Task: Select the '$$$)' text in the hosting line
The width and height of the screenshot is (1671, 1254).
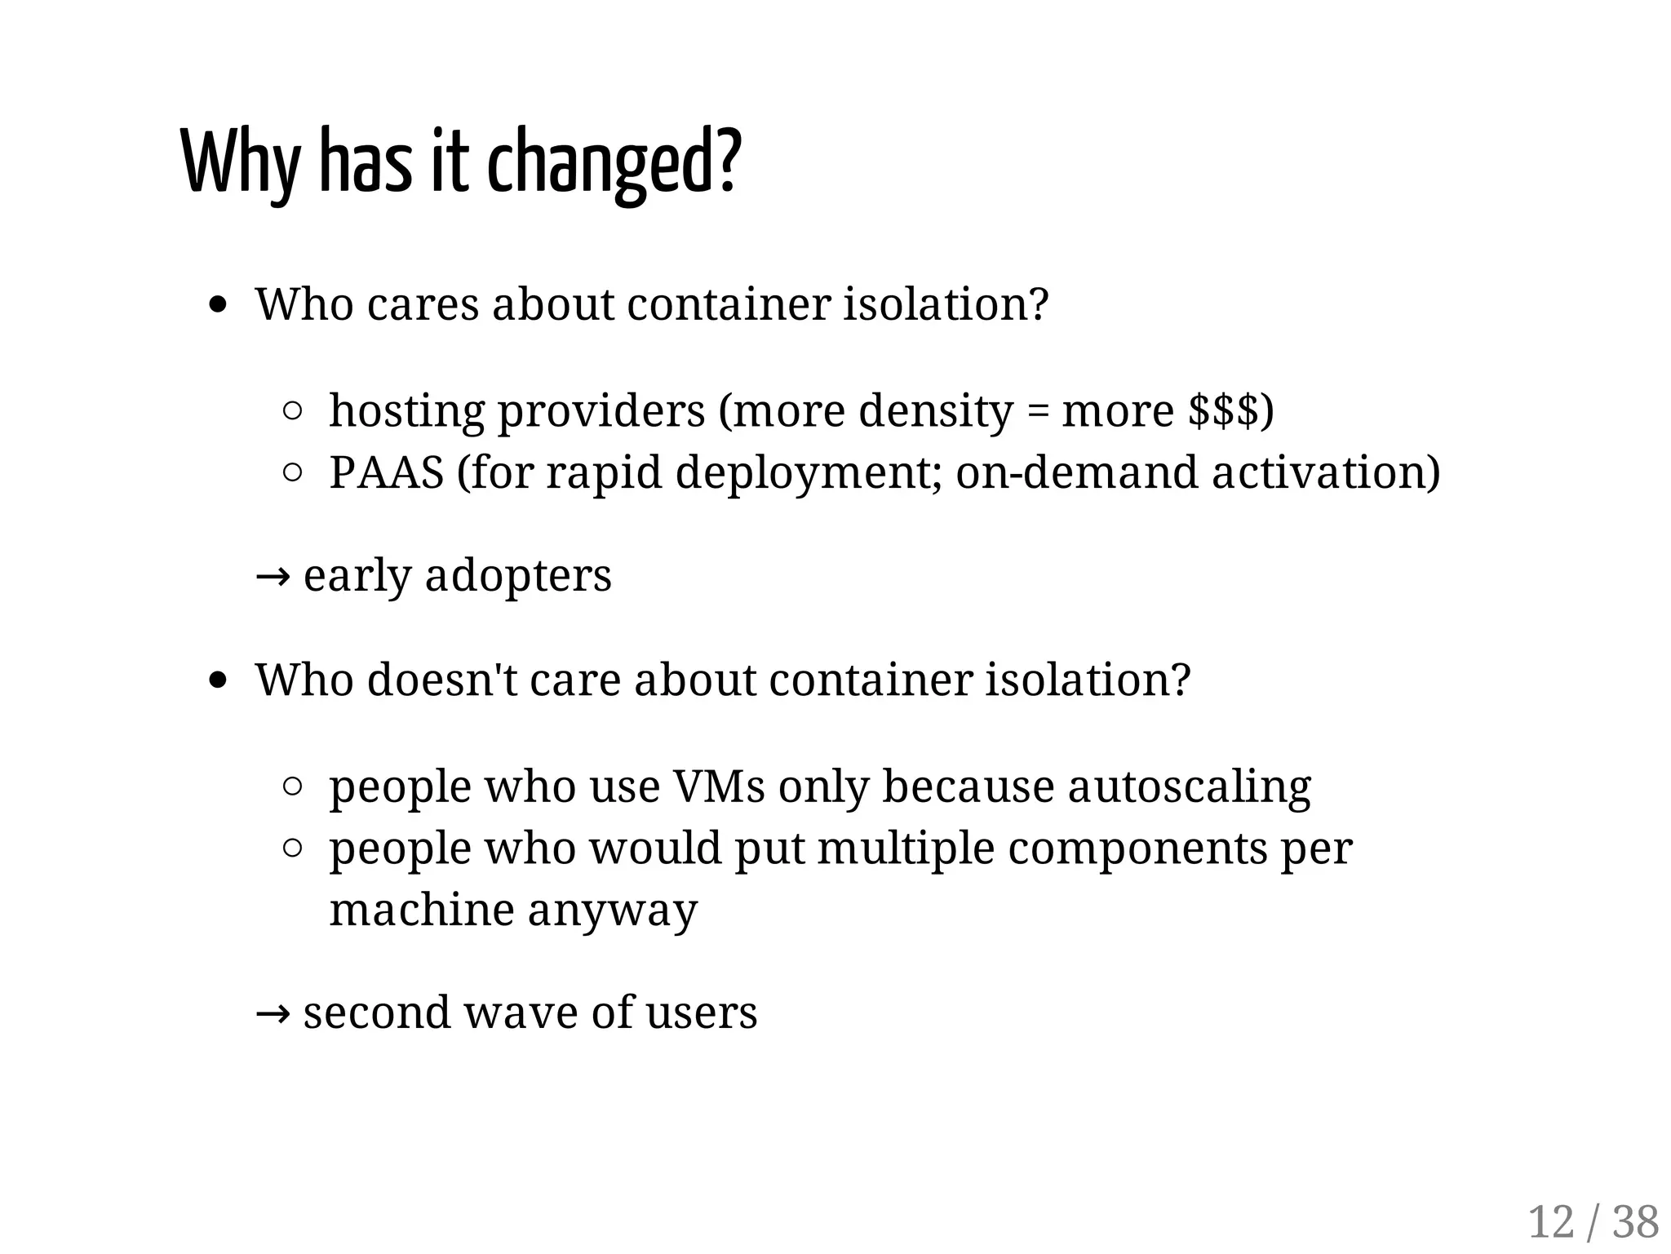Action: (x=1230, y=410)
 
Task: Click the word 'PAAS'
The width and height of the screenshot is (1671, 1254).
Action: (x=386, y=472)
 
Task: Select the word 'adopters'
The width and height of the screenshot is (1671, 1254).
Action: (x=518, y=576)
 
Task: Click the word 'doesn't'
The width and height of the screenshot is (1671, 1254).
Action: (x=441, y=679)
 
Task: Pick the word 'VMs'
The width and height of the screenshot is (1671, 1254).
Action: (x=719, y=787)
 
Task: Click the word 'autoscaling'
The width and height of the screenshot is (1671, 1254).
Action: (x=1189, y=787)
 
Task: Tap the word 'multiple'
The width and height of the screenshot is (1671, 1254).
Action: (x=906, y=849)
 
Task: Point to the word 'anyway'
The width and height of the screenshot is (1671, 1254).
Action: (x=612, y=911)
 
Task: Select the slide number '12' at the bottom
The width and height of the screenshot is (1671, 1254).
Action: (x=1550, y=1222)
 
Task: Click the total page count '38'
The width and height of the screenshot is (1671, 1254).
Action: (x=1636, y=1222)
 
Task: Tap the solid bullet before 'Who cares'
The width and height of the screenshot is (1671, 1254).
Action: (x=217, y=305)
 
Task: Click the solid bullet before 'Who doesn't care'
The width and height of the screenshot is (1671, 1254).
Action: (x=217, y=680)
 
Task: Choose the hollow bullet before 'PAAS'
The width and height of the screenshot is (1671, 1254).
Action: (x=292, y=473)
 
